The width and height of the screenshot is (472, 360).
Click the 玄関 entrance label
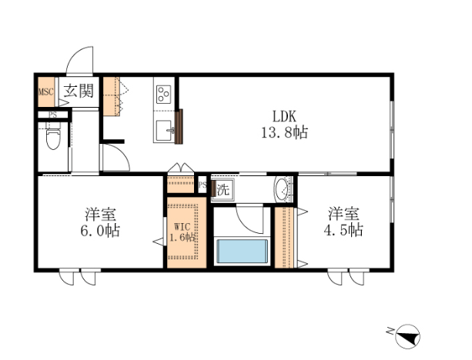(x=79, y=91)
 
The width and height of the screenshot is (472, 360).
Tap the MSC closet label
(x=46, y=92)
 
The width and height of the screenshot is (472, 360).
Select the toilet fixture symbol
(x=53, y=138)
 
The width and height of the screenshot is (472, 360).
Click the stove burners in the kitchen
(x=164, y=94)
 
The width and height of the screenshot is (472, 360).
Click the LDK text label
(x=284, y=116)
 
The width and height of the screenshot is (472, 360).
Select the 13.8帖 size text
(x=284, y=132)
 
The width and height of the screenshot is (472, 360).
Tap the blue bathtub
(x=243, y=251)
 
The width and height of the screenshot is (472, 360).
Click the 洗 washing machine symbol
(x=223, y=189)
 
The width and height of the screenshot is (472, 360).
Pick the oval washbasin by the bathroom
(x=282, y=188)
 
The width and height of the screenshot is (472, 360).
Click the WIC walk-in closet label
(x=182, y=226)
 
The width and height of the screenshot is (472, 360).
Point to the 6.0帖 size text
(x=100, y=231)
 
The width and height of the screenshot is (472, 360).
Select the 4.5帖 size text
(x=343, y=230)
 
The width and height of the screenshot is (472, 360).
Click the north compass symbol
(x=407, y=336)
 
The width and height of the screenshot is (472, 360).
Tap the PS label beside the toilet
(x=53, y=115)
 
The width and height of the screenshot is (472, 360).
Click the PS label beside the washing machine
(x=203, y=185)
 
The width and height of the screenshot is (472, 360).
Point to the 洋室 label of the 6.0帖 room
(x=101, y=215)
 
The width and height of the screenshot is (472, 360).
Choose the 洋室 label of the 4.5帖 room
(x=343, y=214)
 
